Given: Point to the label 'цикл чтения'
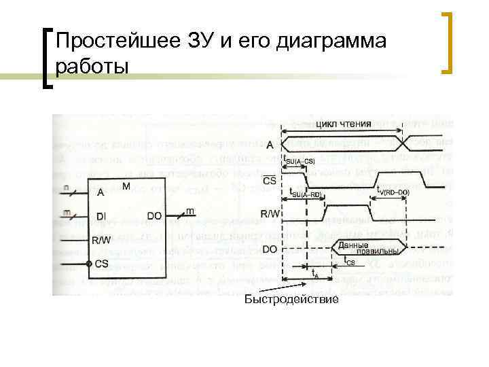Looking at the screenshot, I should (x=344, y=124).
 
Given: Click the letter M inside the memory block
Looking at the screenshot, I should (x=126, y=185).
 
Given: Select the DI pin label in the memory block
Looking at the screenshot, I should (x=101, y=216).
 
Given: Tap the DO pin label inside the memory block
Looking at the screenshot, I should (x=154, y=216).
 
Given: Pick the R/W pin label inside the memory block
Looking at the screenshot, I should (x=101, y=240).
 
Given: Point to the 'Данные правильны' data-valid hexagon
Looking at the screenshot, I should (x=357, y=249).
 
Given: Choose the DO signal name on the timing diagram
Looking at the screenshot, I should (x=269, y=249).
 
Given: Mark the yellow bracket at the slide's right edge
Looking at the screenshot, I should (x=448, y=42).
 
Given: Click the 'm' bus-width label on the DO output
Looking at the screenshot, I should (x=190, y=211).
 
